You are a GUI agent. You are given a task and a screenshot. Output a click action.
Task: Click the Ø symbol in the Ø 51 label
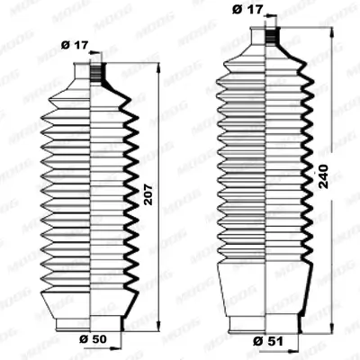256,342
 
